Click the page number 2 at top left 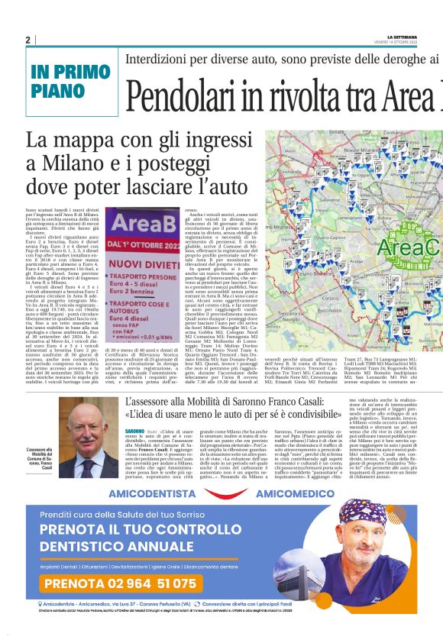click(x=27, y=40)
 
